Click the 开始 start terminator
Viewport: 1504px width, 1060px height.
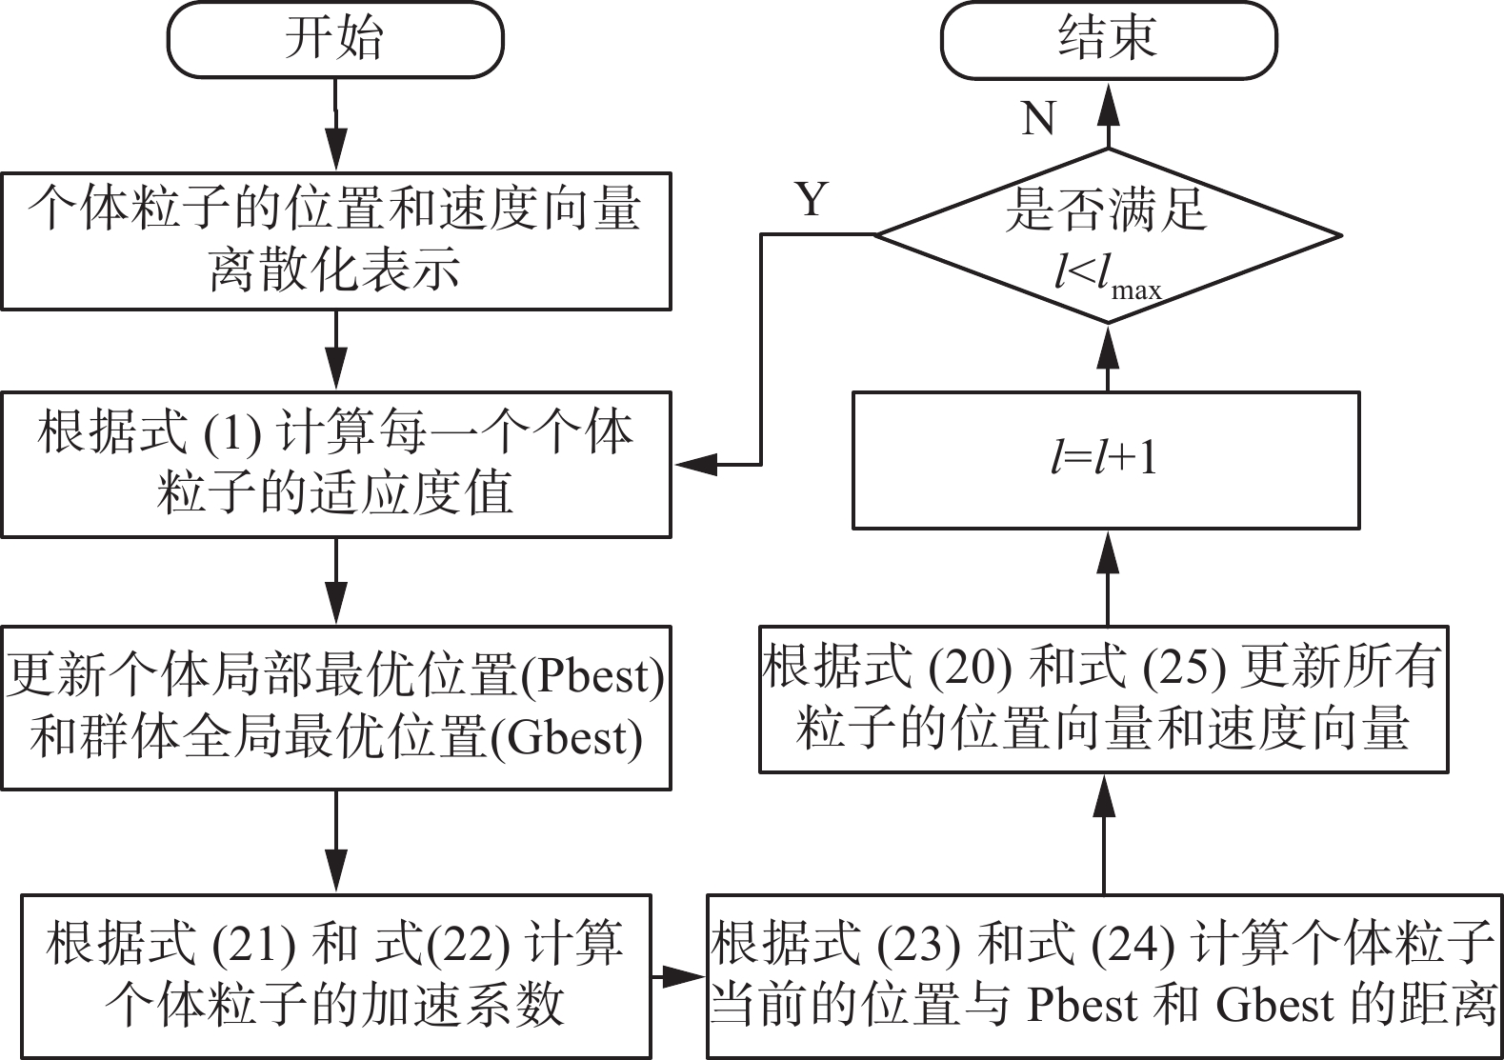[335, 39]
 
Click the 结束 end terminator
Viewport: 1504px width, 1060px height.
[1109, 40]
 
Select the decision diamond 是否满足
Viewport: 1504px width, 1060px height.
[1109, 235]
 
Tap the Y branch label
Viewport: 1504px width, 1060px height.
[812, 199]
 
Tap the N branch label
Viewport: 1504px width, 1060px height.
[1038, 118]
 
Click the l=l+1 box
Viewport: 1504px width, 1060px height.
[1107, 461]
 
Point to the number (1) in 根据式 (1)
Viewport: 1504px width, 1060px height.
[232, 433]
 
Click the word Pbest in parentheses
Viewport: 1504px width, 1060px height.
[592, 675]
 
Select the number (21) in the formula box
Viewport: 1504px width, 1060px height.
[254, 945]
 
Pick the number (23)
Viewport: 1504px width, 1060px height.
[919, 945]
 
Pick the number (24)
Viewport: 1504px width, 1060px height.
[1133, 945]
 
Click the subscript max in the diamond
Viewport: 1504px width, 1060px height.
[1136, 291]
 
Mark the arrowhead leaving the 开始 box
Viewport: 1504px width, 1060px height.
[335, 148]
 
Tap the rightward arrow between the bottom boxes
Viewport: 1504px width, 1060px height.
[679, 976]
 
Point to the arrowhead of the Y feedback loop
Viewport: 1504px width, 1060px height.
[695, 464]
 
